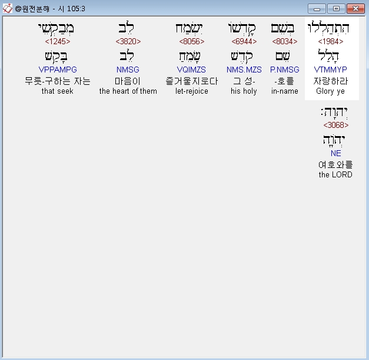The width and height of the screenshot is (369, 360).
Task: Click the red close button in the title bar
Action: click(355, 8)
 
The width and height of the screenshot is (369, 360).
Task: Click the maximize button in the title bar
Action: click(336, 8)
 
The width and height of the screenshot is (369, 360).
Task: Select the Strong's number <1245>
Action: click(58, 41)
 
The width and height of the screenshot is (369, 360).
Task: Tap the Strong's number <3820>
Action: click(128, 41)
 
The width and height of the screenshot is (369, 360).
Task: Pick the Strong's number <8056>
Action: click(192, 41)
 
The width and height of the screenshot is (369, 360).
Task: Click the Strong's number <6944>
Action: click(244, 41)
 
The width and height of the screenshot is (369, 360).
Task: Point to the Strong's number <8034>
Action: click(285, 41)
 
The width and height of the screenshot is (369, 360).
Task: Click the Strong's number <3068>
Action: click(336, 125)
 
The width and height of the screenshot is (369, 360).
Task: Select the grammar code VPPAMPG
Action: click(58, 70)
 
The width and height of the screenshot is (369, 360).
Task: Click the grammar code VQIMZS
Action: click(192, 70)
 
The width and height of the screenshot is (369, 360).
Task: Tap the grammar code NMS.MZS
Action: click(244, 70)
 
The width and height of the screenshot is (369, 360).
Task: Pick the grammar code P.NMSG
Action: click(285, 70)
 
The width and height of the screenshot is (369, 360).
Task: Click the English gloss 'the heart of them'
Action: click(128, 91)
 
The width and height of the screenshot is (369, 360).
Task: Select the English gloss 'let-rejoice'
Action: click(192, 91)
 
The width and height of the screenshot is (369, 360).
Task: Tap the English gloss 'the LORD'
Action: click(335, 175)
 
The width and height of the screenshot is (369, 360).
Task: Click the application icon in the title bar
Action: click(8, 8)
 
